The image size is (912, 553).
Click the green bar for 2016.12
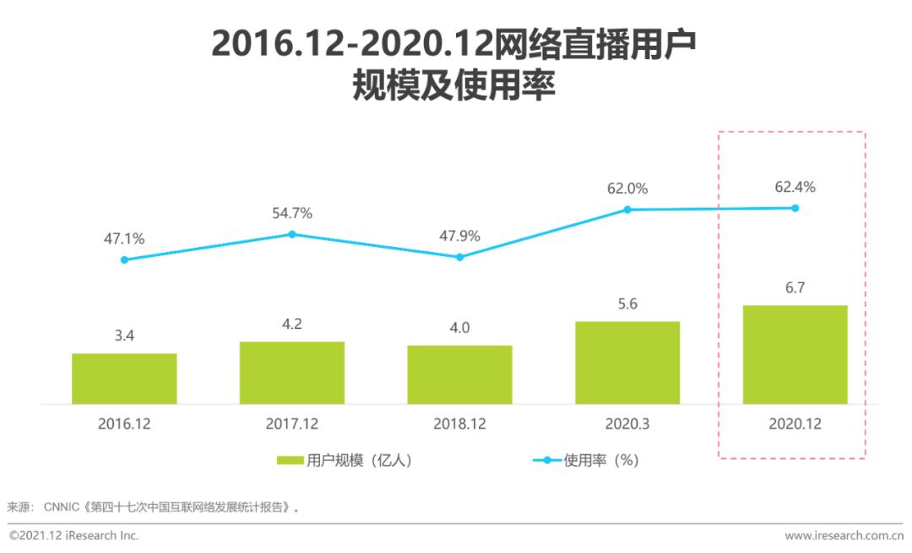pos(124,379)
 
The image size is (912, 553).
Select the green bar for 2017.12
pos(292,373)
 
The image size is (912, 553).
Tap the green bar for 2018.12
pos(459,375)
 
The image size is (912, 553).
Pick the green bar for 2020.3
pos(627,363)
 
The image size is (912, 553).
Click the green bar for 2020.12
pos(795,355)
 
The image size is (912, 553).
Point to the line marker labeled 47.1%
pos(124,260)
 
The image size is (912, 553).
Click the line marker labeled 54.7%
pos(292,234)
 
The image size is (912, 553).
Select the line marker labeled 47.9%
pos(459,257)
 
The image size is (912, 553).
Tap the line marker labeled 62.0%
pos(627,209)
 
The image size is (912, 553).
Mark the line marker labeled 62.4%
pos(795,208)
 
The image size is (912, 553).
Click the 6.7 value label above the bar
pos(795,288)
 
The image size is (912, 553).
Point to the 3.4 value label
pos(124,336)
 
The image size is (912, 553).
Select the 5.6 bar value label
pos(627,304)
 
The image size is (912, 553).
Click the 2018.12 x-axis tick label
pos(459,424)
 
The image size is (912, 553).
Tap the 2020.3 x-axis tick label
pos(627,424)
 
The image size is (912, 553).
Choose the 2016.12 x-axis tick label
pos(124,424)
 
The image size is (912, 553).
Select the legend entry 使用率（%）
pos(587,461)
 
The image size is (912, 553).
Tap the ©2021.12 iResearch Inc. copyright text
pos(74,535)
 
